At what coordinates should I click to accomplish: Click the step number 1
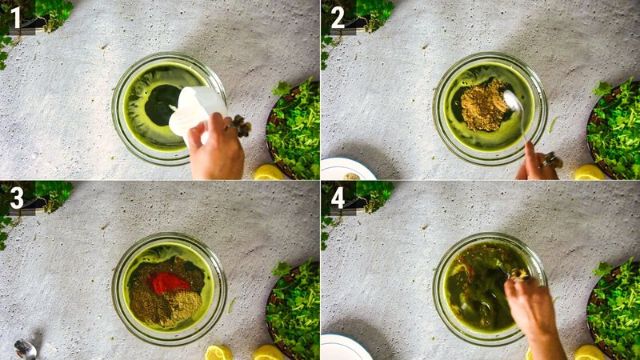click(16, 17)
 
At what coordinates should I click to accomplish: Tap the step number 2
click(338, 17)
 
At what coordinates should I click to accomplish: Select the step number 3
click(16, 197)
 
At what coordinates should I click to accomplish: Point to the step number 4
click(338, 197)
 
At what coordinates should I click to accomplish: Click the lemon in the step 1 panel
click(269, 172)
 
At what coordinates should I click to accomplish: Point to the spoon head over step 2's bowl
click(512, 102)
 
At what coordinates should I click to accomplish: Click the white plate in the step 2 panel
click(346, 169)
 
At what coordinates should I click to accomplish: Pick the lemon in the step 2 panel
click(590, 172)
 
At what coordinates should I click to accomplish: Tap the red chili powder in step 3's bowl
click(170, 282)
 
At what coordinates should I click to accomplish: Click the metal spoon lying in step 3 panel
click(25, 349)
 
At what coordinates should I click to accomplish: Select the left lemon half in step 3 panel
click(218, 353)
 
